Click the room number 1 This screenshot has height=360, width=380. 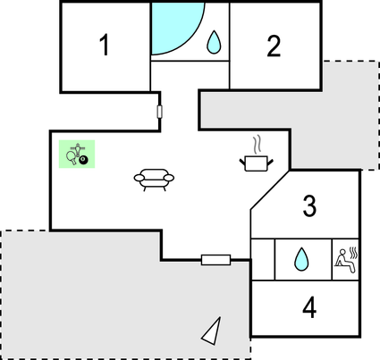point(105,45)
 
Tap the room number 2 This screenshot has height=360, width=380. point(274,46)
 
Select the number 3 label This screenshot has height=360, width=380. point(309,205)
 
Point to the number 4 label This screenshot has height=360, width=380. point(309,307)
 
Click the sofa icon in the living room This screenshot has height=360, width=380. point(154,180)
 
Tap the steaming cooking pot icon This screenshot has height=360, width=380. point(257,154)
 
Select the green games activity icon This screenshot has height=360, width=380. point(77,154)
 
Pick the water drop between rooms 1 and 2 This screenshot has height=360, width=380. point(214,43)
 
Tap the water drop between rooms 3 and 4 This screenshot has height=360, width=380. point(301,259)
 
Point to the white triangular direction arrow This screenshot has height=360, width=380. point(213,332)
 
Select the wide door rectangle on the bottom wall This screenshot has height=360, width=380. point(215,260)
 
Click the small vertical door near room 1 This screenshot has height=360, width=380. point(159,112)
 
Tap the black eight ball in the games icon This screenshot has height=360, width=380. point(84,160)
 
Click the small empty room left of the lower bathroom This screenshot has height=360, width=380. point(263,259)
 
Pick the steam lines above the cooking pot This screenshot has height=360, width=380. point(258,145)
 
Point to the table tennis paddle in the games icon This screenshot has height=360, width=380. point(72,157)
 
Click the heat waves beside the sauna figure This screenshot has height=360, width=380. point(354,253)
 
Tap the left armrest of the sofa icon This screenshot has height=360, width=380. point(139,178)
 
